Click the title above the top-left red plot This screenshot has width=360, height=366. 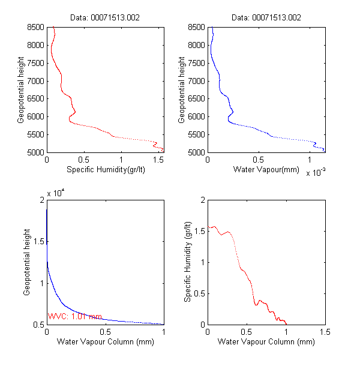[x=105, y=18]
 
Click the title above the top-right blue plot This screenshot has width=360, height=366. [x=266, y=18]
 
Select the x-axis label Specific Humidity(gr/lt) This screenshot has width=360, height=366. [x=105, y=170]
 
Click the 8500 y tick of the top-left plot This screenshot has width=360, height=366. [x=35, y=27]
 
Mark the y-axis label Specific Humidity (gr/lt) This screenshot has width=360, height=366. [x=188, y=262]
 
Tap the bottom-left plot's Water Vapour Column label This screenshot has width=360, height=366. [x=105, y=343]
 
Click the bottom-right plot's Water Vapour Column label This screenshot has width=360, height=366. [x=266, y=343]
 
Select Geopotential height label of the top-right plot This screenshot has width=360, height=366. [x=181, y=90]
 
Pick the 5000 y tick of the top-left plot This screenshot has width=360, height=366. [x=35, y=152]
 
